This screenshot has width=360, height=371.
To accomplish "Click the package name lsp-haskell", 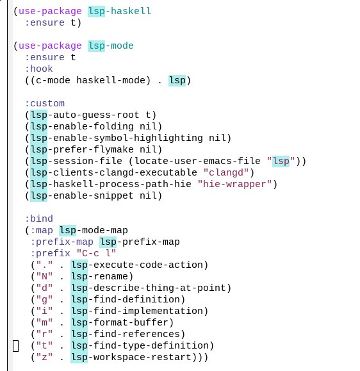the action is [119, 11].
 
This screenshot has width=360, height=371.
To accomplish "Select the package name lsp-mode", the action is [111, 46].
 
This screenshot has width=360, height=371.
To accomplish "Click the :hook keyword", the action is [39, 69].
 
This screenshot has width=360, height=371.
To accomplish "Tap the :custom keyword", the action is [45, 104].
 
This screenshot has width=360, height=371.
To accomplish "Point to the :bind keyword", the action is [39, 218].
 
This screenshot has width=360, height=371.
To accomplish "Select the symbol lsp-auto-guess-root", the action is [85, 115].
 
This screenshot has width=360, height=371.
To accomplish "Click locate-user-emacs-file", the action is [197, 161].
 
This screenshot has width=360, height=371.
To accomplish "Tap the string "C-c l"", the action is [97, 253].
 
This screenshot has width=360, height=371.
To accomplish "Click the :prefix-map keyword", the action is [62, 242].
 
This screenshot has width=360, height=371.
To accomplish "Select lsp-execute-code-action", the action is [136, 265].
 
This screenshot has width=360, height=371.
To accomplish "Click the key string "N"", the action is [44, 277].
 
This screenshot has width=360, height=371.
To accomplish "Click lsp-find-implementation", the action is [136, 311].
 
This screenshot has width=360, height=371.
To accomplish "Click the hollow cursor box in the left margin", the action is [16, 346].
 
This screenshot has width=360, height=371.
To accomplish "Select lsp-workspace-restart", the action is [131, 358].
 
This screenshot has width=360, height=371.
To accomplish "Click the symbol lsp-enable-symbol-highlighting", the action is [117, 138].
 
